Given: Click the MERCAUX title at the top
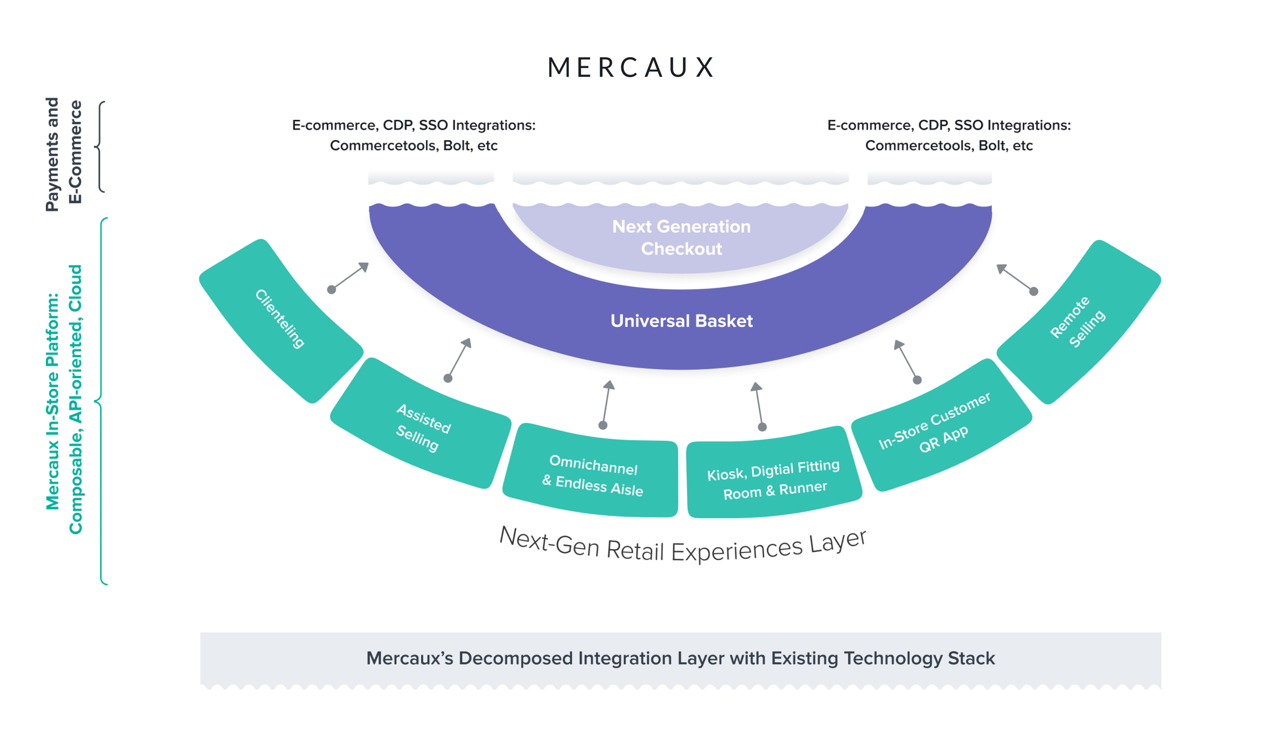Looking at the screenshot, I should (630, 67).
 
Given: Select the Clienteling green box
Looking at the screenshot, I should (280, 319).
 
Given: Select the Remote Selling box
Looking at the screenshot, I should (1078, 322).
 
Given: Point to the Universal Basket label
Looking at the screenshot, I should (681, 321).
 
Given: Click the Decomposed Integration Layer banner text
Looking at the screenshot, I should (680, 658).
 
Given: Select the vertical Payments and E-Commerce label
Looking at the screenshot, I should (64, 154).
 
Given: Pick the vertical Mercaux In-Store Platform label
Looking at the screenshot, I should (64, 399).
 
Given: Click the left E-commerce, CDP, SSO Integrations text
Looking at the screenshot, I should (413, 125).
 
